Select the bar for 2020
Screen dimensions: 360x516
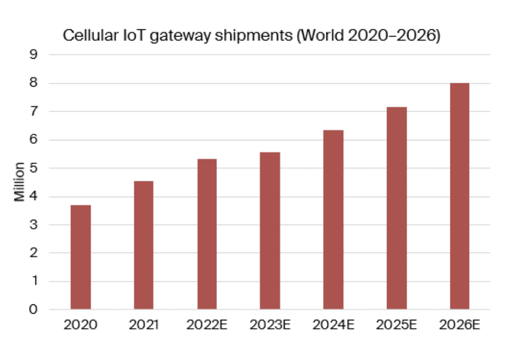click(x=81, y=257)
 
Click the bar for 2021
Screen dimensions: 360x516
click(x=143, y=245)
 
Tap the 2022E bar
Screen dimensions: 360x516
click(x=207, y=234)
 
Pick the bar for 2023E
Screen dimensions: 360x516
click(x=270, y=230)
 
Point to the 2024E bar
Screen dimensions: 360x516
click(x=334, y=220)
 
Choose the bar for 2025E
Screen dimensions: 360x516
click(x=397, y=208)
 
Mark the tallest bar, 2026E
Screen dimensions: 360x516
click(x=459, y=196)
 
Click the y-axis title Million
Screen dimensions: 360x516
click(x=20, y=182)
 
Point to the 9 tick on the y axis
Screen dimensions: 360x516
click(x=34, y=55)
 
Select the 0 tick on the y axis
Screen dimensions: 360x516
click(x=34, y=310)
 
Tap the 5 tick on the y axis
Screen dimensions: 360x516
click(x=34, y=168)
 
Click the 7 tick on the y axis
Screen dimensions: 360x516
click(x=34, y=112)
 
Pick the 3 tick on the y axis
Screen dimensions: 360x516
click(x=34, y=225)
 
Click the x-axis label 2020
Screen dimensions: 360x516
click(x=81, y=325)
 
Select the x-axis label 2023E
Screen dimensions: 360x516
click(x=270, y=325)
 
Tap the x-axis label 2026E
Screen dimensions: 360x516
click(x=459, y=325)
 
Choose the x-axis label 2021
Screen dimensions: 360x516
click(x=143, y=325)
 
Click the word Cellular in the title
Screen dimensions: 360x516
click(x=85, y=37)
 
